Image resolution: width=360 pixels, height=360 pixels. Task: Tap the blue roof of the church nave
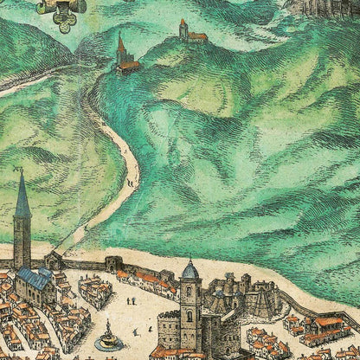[34, 278]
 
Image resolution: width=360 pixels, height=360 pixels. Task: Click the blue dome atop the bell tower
[190, 270]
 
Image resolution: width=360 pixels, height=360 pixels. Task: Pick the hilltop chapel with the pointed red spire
[121, 52]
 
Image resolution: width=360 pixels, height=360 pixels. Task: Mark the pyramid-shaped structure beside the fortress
[258, 303]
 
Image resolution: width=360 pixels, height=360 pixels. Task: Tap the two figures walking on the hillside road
[131, 183]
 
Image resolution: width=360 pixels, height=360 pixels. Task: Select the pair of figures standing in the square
[131, 301]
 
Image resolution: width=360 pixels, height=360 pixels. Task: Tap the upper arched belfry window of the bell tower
[190, 292]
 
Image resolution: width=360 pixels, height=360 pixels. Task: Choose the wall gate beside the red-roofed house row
[113, 263]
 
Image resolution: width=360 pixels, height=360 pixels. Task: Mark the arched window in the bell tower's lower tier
[190, 316]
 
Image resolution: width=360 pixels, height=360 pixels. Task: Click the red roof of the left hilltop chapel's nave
[130, 65]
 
